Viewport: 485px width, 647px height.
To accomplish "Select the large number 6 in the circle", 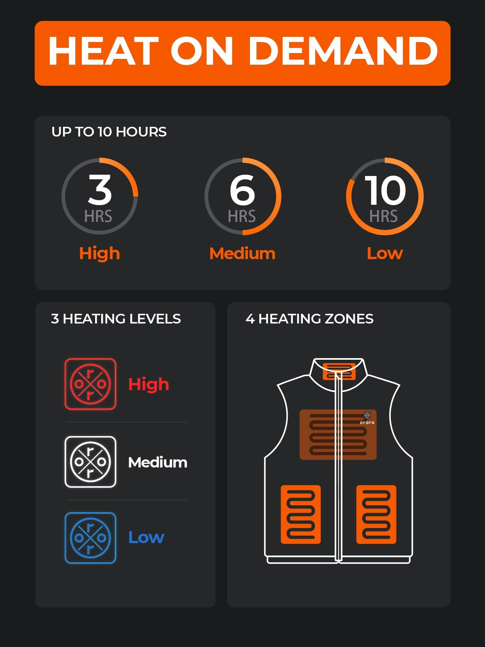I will pyautogui.click(x=242, y=190).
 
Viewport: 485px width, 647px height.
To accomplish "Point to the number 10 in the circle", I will pyautogui.click(x=385, y=190).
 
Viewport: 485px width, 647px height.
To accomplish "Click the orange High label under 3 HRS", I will pyautogui.click(x=100, y=253).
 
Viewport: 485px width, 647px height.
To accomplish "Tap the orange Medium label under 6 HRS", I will pyautogui.click(x=242, y=253).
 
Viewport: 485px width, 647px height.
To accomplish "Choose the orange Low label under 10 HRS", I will pyautogui.click(x=385, y=253).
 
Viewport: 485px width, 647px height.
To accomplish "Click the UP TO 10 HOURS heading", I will pyautogui.click(x=109, y=132).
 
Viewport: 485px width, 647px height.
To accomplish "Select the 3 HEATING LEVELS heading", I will pyautogui.click(x=116, y=319).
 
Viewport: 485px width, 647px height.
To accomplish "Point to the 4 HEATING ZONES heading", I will pyautogui.click(x=309, y=319).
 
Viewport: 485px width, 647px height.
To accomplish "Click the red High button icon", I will pyautogui.click(x=91, y=384).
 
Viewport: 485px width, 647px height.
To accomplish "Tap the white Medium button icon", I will pyautogui.click(x=91, y=462).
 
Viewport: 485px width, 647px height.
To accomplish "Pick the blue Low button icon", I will pyautogui.click(x=91, y=538).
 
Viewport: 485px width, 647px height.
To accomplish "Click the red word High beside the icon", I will pyautogui.click(x=149, y=384).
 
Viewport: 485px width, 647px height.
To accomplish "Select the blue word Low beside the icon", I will pyautogui.click(x=146, y=537).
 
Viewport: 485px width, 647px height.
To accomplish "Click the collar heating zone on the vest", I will pyautogui.click(x=339, y=371).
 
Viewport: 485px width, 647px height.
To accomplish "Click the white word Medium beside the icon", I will pyautogui.click(x=157, y=462).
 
